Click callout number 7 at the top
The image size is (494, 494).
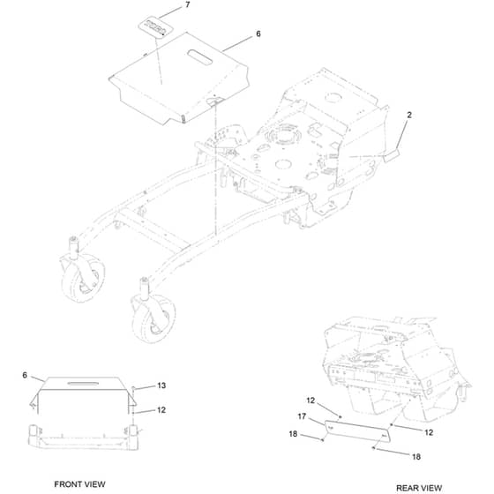(x=187, y=4)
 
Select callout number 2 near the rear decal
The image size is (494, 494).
(x=409, y=115)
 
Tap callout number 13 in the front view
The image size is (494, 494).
(x=161, y=385)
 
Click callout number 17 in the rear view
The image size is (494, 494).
(x=302, y=416)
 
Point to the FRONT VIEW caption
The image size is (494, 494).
(x=79, y=484)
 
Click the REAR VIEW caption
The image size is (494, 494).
(x=419, y=488)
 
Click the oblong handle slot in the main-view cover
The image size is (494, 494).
(x=199, y=57)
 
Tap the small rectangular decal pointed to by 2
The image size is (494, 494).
(x=392, y=155)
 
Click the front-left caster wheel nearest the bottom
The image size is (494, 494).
(x=153, y=319)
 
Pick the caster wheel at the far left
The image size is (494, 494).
(x=83, y=278)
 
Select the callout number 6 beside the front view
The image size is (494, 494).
(x=25, y=375)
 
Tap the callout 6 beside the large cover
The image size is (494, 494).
(x=258, y=34)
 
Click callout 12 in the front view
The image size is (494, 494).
(x=161, y=410)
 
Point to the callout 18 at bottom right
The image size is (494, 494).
(x=416, y=457)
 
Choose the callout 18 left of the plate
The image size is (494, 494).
(x=293, y=434)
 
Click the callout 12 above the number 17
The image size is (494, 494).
(x=311, y=400)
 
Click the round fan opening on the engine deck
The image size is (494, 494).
(x=282, y=136)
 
